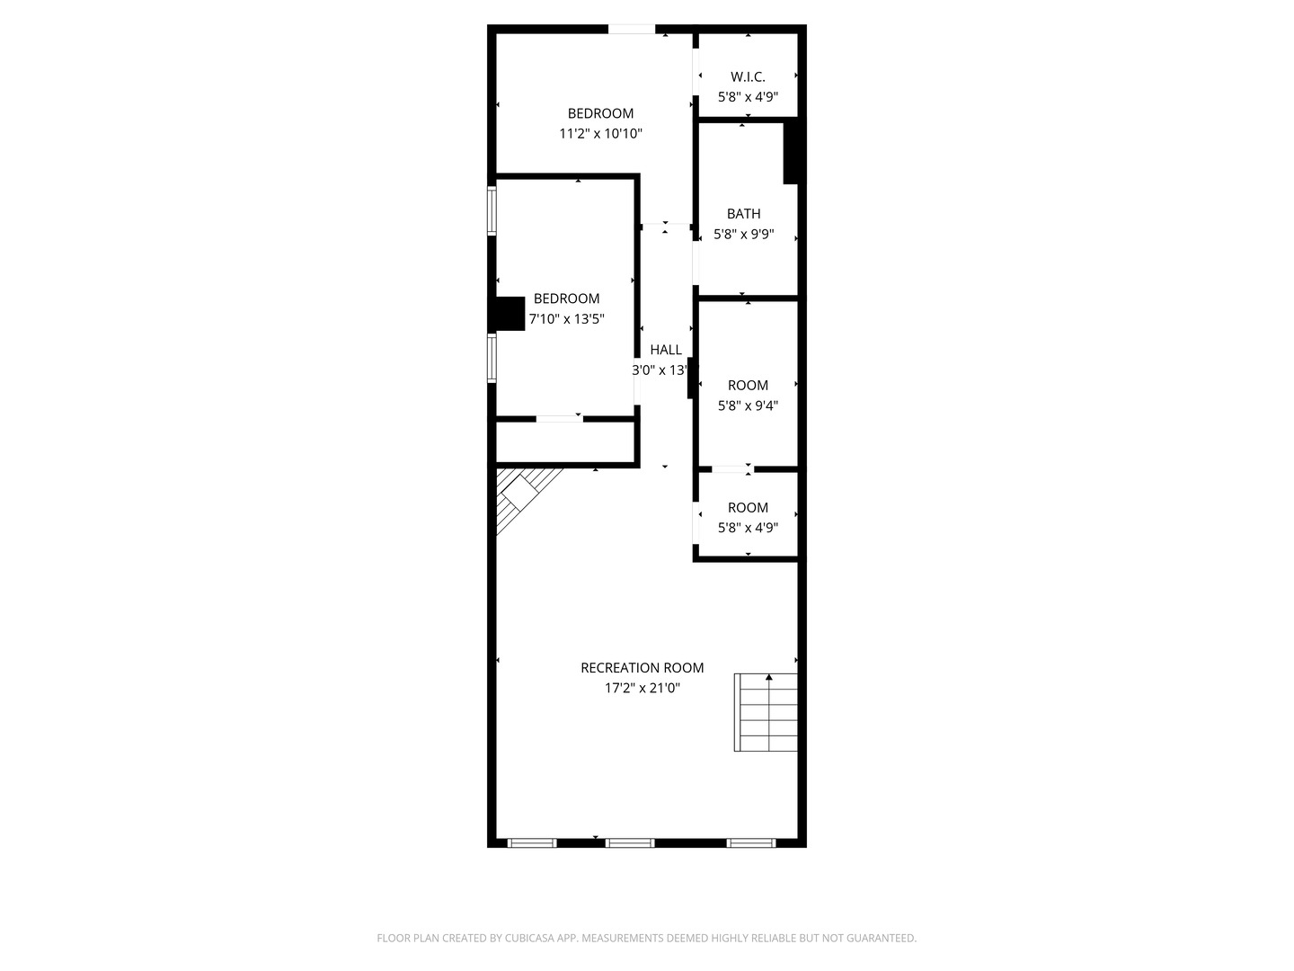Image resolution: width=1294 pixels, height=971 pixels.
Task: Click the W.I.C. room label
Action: click(748, 77)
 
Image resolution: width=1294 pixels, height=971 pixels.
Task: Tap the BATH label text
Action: click(743, 214)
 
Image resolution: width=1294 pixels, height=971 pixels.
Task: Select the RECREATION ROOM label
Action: click(642, 668)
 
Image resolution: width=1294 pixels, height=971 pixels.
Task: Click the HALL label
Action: click(666, 350)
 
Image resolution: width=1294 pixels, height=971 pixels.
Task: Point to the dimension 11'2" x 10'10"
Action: click(600, 134)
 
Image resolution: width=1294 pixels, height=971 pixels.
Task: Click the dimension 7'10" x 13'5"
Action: click(566, 319)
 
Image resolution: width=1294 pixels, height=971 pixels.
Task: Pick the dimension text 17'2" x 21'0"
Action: click(642, 689)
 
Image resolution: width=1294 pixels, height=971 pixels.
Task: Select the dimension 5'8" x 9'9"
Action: click(743, 235)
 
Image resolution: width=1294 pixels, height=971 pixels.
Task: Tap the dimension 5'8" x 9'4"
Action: click(748, 405)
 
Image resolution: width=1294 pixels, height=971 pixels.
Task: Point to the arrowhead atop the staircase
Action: click(768, 676)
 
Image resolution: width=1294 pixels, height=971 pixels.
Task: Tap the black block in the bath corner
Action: click(791, 152)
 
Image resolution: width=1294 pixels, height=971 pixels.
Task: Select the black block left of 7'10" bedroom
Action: click(510, 314)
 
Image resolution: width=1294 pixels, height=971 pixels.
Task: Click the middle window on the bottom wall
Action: click(629, 842)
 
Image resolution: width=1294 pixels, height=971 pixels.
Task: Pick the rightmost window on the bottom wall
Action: click(750, 842)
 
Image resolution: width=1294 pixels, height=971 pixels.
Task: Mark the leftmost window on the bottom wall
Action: click(532, 842)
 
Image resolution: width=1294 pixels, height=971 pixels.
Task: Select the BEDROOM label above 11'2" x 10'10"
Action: click(600, 113)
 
